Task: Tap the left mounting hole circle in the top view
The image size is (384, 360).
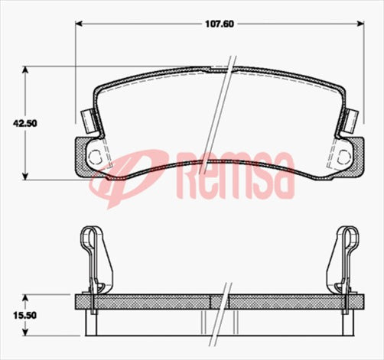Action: [96, 157]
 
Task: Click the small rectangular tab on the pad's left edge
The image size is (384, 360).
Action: [86, 118]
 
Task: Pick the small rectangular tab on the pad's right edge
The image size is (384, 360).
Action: [351, 118]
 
